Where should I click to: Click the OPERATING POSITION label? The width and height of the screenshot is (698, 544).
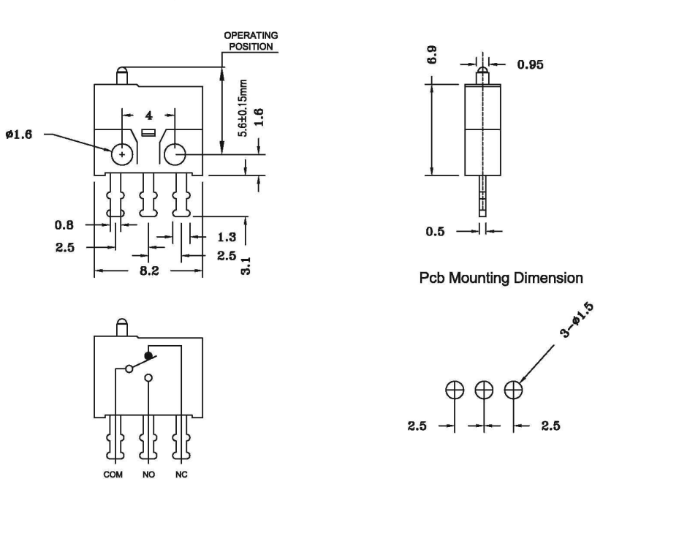[x=250, y=41]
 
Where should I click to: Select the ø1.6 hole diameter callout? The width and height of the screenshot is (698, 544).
[x=19, y=135]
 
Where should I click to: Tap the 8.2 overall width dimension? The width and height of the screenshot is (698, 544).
[x=149, y=271]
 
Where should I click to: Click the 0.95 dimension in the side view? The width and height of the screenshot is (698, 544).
[x=530, y=64]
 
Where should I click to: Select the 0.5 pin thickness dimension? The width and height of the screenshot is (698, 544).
[x=435, y=232]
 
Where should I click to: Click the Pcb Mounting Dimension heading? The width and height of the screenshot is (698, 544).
[x=501, y=278]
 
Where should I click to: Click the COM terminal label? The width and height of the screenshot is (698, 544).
[x=113, y=475]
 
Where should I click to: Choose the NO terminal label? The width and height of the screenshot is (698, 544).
[x=148, y=475]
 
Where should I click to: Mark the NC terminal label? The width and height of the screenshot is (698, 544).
[x=181, y=475]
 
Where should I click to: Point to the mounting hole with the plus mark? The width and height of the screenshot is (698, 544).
[x=121, y=154]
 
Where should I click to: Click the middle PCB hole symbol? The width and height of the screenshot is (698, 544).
[x=484, y=389]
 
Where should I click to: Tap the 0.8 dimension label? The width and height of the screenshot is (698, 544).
[x=64, y=225]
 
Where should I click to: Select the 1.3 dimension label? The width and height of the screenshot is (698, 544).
[x=227, y=237]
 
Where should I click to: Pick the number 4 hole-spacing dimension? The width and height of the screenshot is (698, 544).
[x=148, y=115]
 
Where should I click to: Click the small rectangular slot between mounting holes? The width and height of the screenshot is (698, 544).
[x=148, y=132]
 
